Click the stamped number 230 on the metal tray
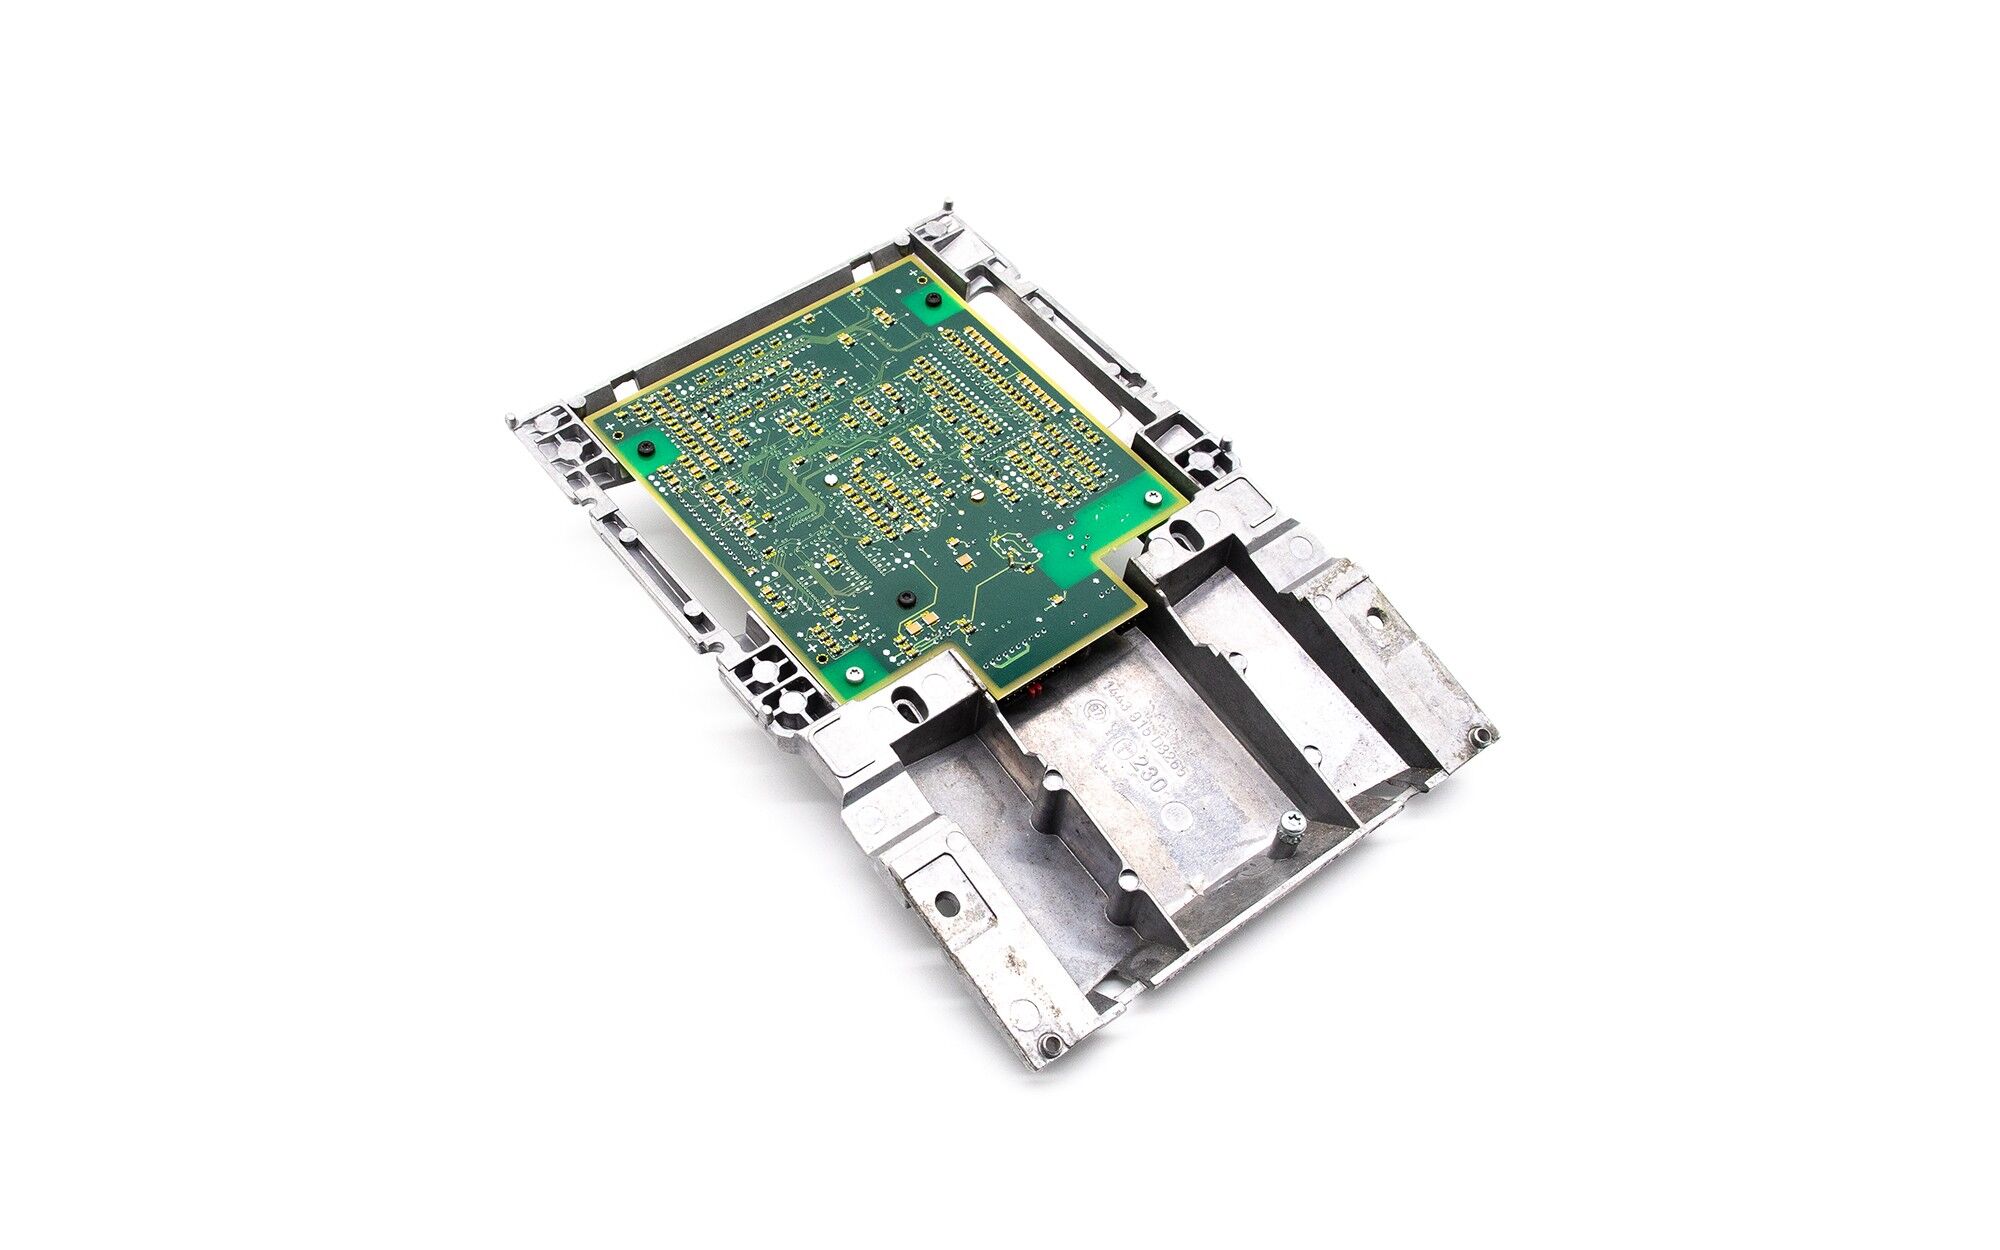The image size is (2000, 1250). (1146, 772)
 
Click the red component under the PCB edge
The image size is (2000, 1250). (1035, 690)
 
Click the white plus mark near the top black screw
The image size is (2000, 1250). (915, 272)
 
